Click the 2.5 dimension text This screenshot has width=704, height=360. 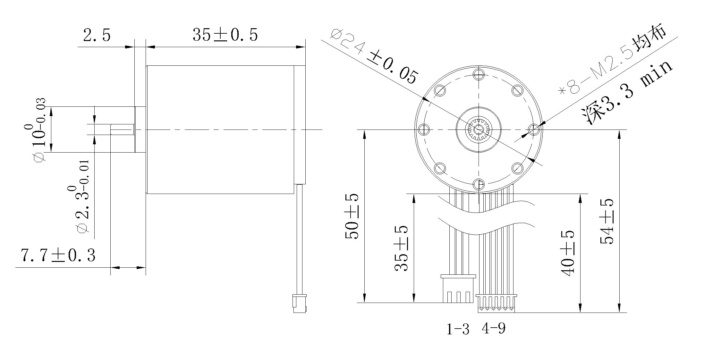97,35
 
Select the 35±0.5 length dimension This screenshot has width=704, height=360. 225,35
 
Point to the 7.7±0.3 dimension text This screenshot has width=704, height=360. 58,255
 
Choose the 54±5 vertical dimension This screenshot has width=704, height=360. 607,221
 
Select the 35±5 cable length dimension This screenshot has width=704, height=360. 401,248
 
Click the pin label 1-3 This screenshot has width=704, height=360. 458,329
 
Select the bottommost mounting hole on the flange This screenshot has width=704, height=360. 478,184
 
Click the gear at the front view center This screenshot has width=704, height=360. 478,130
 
